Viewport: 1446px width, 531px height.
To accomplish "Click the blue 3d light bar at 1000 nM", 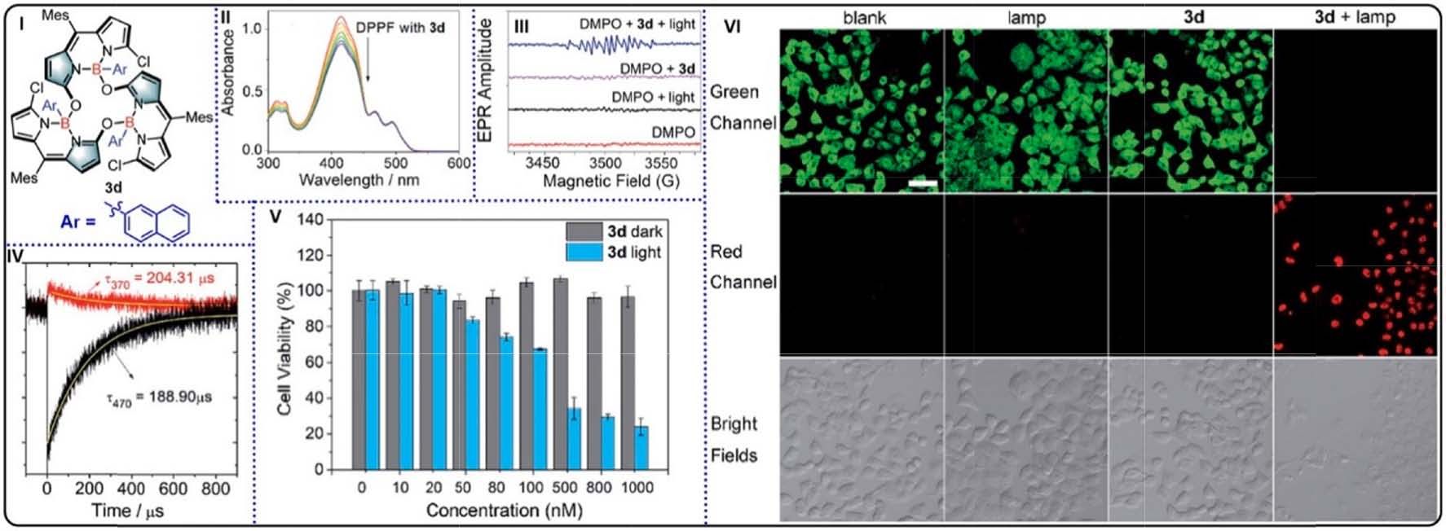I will pos(641,448).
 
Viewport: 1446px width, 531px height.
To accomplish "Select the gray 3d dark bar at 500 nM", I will pos(560,374).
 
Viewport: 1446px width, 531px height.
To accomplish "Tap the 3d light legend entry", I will pos(614,252).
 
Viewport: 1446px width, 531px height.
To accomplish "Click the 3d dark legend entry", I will pos(614,231).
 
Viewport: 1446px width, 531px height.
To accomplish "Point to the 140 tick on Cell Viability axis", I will pos(312,220).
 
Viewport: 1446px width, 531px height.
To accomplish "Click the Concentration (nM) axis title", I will pos(504,511).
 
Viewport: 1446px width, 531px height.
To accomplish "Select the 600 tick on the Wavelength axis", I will pos(460,163).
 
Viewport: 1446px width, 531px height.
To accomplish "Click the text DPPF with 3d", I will pos(400,27).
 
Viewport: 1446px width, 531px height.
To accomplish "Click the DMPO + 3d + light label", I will pos(637,24).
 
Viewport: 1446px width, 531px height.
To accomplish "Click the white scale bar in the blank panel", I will pos(922,184).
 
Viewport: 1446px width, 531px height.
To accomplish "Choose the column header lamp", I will pos(1026,17).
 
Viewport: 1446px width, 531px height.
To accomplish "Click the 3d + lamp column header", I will pos(1355,16).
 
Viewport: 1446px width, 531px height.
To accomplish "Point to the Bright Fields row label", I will pos(734,439).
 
